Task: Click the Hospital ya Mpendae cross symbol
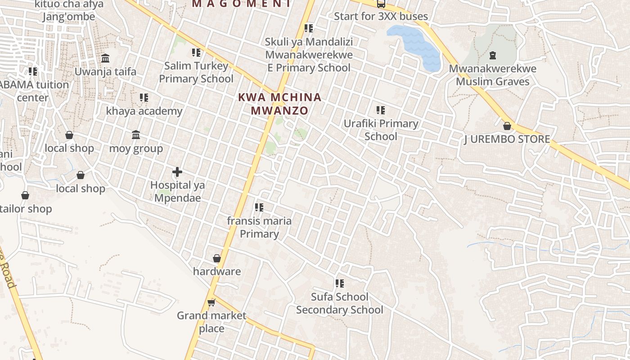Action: click(x=177, y=171)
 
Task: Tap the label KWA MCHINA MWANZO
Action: click(x=279, y=104)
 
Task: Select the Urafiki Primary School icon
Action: click(x=381, y=110)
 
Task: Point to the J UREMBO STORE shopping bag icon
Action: click(x=507, y=126)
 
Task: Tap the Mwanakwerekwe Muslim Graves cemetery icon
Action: click(x=493, y=55)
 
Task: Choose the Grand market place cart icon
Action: click(x=211, y=302)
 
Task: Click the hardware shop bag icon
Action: click(x=217, y=258)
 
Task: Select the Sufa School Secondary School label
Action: click(x=340, y=303)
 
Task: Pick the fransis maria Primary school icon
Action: click(x=259, y=207)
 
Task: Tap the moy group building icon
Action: click(x=136, y=135)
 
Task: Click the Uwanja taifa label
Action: click(x=105, y=72)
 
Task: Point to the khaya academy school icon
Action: click(x=144, y=97)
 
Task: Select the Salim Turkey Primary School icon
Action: click(x=196, y=53)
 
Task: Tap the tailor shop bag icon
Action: click(x=25, y=195)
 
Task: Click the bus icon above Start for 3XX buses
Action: click(x=381, y=4)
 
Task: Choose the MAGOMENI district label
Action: click(x=241, y=4)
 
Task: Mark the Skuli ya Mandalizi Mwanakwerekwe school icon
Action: click(x=309, y=28)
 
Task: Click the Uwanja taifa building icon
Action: click(x=105, y=58)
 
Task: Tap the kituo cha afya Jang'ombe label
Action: click(x=69, y=11)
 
